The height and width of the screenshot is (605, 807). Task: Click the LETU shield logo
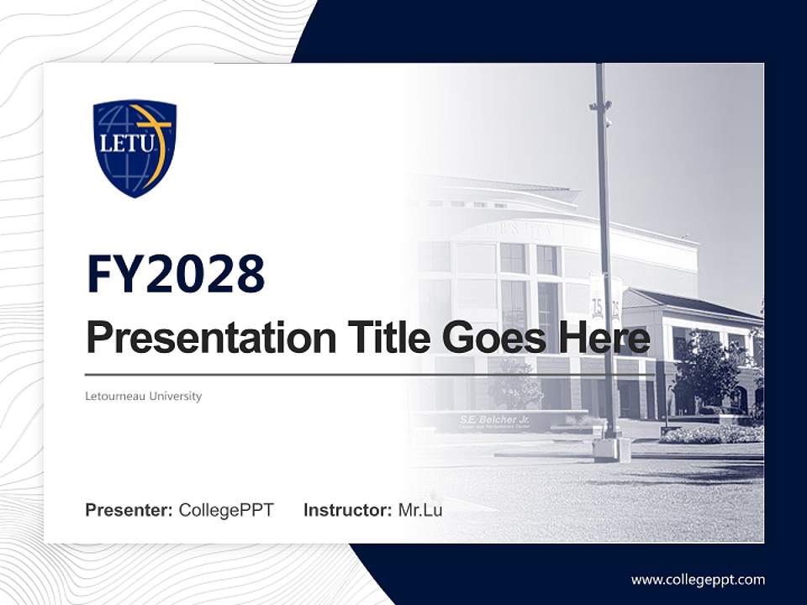tap(134, 148)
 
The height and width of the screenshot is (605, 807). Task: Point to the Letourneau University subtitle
tap(144, 396)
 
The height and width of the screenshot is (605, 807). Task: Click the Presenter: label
tap(129, 510)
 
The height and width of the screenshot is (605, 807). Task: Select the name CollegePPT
tap(226, 510)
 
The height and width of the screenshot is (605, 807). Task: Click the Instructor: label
tap(347, 510)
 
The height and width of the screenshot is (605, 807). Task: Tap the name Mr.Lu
tap(420, 510)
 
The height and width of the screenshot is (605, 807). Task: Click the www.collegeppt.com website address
tap(698, 580)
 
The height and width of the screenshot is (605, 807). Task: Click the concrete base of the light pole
tap(611, 450)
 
